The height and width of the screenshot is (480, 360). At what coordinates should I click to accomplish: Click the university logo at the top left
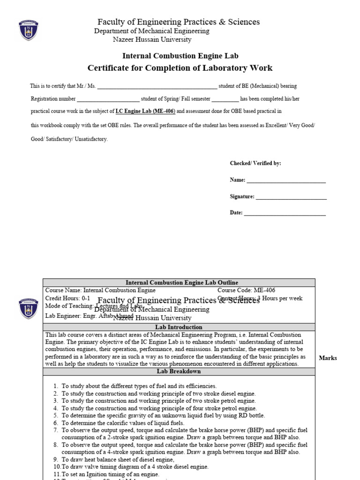click(29, 30)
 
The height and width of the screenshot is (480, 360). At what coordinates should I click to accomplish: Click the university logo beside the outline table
click(29, 307)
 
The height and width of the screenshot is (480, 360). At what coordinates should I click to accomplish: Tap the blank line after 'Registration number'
click(108, 99)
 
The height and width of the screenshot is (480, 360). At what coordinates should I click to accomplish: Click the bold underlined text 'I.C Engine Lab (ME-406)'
click(145, 112)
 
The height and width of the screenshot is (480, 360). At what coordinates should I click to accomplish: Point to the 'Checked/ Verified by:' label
click(255, 163)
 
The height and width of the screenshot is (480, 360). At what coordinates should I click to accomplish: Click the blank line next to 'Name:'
click(286, 180)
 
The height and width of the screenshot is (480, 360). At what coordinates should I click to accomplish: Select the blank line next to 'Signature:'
click(291, 197)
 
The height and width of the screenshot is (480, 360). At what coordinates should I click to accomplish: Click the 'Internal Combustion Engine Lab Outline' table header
click(179, 283)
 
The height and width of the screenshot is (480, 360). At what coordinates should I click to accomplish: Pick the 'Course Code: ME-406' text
click(242, 290)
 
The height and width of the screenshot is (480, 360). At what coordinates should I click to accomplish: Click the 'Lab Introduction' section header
click(179, 327)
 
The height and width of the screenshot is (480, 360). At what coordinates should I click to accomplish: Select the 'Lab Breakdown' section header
click(179, 371)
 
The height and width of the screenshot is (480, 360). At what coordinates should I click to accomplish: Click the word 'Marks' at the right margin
click(328, 358)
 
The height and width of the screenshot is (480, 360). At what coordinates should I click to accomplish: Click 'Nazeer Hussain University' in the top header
click(152, 40)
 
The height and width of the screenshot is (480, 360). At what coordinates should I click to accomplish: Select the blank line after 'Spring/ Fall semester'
click(225, 99)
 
